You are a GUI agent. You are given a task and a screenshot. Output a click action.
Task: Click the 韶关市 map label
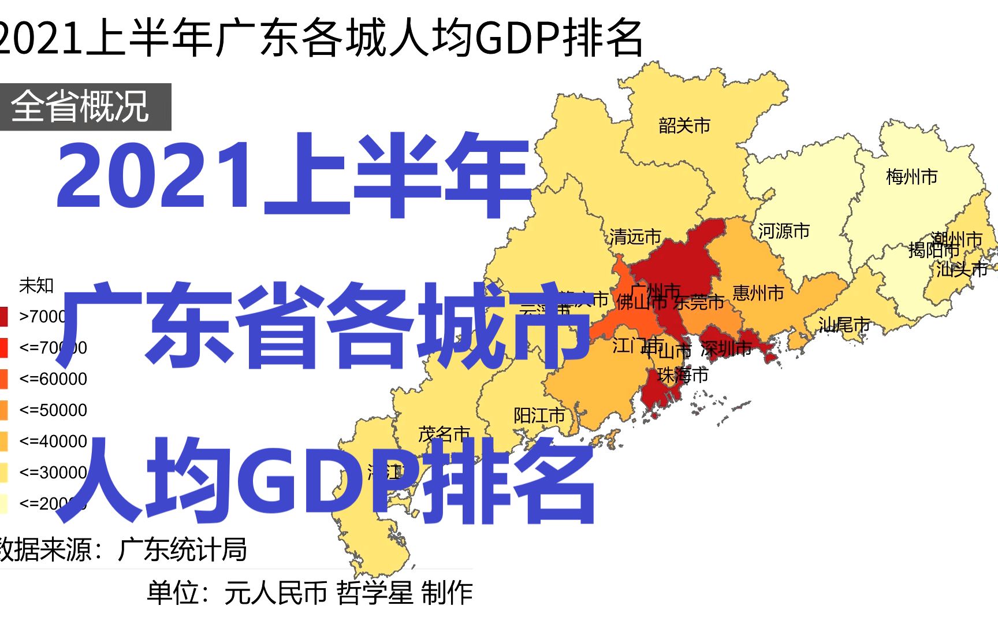[684, 125]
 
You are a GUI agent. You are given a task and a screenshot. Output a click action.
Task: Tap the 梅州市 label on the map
[911, 177]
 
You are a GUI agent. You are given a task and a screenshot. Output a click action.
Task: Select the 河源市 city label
[784, 231]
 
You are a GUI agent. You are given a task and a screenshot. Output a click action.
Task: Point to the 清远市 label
[635, 236]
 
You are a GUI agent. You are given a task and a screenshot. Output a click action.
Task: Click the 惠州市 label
[758, 293]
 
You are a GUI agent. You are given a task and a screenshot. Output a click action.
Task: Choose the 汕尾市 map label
[844, 325]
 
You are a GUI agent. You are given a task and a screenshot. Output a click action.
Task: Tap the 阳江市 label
[539, 415]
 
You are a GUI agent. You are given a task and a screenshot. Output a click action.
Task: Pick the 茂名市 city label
[444, 434]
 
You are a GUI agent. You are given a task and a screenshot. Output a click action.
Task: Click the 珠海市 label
[683, 376]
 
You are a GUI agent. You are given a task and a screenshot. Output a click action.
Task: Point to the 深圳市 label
[726, 348]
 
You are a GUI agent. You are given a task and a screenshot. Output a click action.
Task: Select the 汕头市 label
[962, 269]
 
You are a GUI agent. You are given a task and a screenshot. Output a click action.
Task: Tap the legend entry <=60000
[53, 379]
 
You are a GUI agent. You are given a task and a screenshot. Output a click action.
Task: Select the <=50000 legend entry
[53, 410]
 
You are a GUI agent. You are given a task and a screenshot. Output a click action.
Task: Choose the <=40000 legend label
[53, 441]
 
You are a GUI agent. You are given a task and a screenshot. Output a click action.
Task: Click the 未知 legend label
[36, 285]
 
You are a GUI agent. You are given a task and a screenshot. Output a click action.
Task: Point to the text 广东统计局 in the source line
[182, 549]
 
